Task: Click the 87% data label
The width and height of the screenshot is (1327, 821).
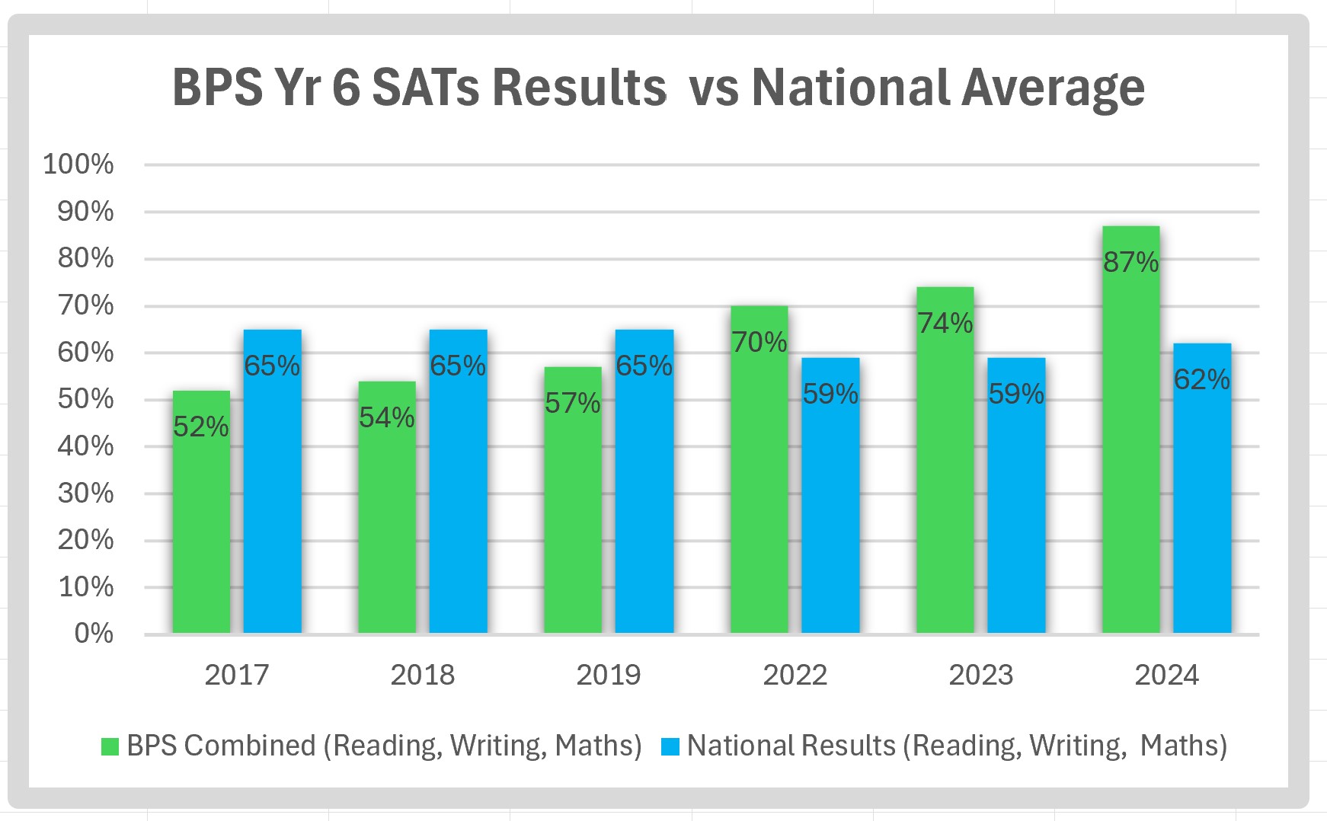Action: (1130, 263)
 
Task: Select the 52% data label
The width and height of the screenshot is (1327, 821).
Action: (201, 427)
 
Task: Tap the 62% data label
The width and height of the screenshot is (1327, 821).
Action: (1201, 379)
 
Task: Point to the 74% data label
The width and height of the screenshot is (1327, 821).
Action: (945, 324)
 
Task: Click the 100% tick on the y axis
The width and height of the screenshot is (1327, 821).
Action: (78, 164)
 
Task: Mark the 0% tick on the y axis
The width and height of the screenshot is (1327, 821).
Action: (94, 634)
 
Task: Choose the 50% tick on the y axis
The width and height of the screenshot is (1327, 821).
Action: (85, 399)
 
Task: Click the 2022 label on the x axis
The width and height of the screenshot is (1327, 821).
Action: (795, 675)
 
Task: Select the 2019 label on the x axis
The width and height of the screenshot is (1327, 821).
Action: (608, 675)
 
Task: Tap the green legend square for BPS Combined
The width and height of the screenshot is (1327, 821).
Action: (110, 746)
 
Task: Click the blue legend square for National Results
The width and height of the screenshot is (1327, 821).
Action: (670, 746)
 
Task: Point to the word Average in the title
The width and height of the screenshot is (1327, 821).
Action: (1053, 88)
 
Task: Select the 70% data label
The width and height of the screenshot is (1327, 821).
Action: (759, 343)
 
